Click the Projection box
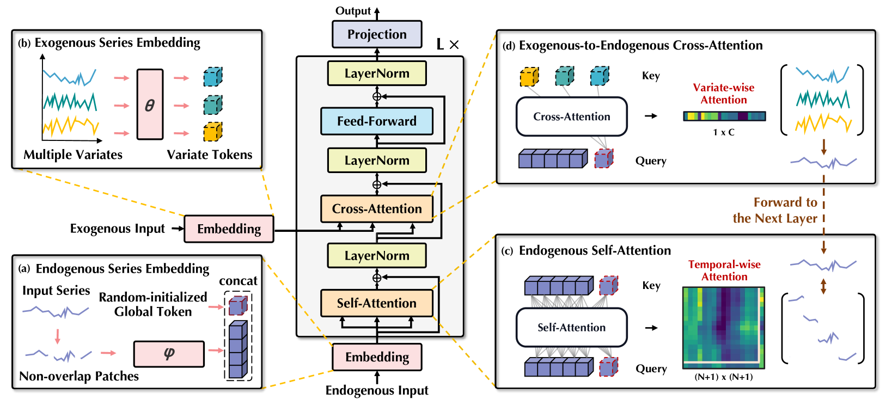[x=377, y=34]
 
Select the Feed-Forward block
[x=377, y=121]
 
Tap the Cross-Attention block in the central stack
[x=377, y=208]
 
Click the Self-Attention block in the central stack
[x=377, y=303]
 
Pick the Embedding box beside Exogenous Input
[x=229, y=229]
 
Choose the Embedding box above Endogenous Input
[x=377, y=357]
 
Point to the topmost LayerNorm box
[x=377, y=73]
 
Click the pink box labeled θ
[x=150, y=104]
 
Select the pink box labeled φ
[x=169, y=354]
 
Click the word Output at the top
[x=353, y=11]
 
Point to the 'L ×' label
[x=448, y=45]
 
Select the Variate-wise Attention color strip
[x=724, y=116]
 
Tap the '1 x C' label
[x=724, y=132]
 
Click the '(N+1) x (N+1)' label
[x=724, y=377]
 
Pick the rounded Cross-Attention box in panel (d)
[x=572, y=116]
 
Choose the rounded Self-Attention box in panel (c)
[x=572, y=328]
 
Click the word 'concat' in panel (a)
[x=238, y=281]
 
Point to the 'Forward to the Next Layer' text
[x=775, y=210]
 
